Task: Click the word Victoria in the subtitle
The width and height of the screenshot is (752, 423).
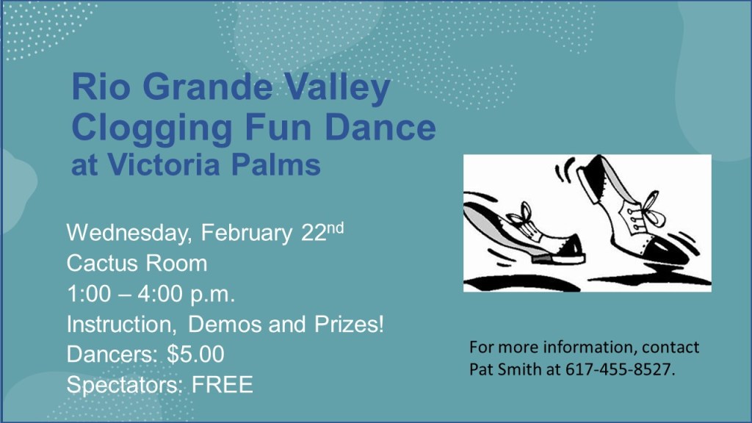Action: coord(164,164)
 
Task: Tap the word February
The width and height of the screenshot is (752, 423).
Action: coord(247,234)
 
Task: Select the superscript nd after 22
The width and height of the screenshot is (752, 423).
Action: coord(335,228)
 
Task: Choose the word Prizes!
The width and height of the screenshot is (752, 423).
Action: coord(349,324)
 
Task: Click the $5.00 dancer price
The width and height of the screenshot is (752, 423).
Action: coord(195,355)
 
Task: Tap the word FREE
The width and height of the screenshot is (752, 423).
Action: coord(222,385)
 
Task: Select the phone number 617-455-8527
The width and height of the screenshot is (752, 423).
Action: coord(620,369)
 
